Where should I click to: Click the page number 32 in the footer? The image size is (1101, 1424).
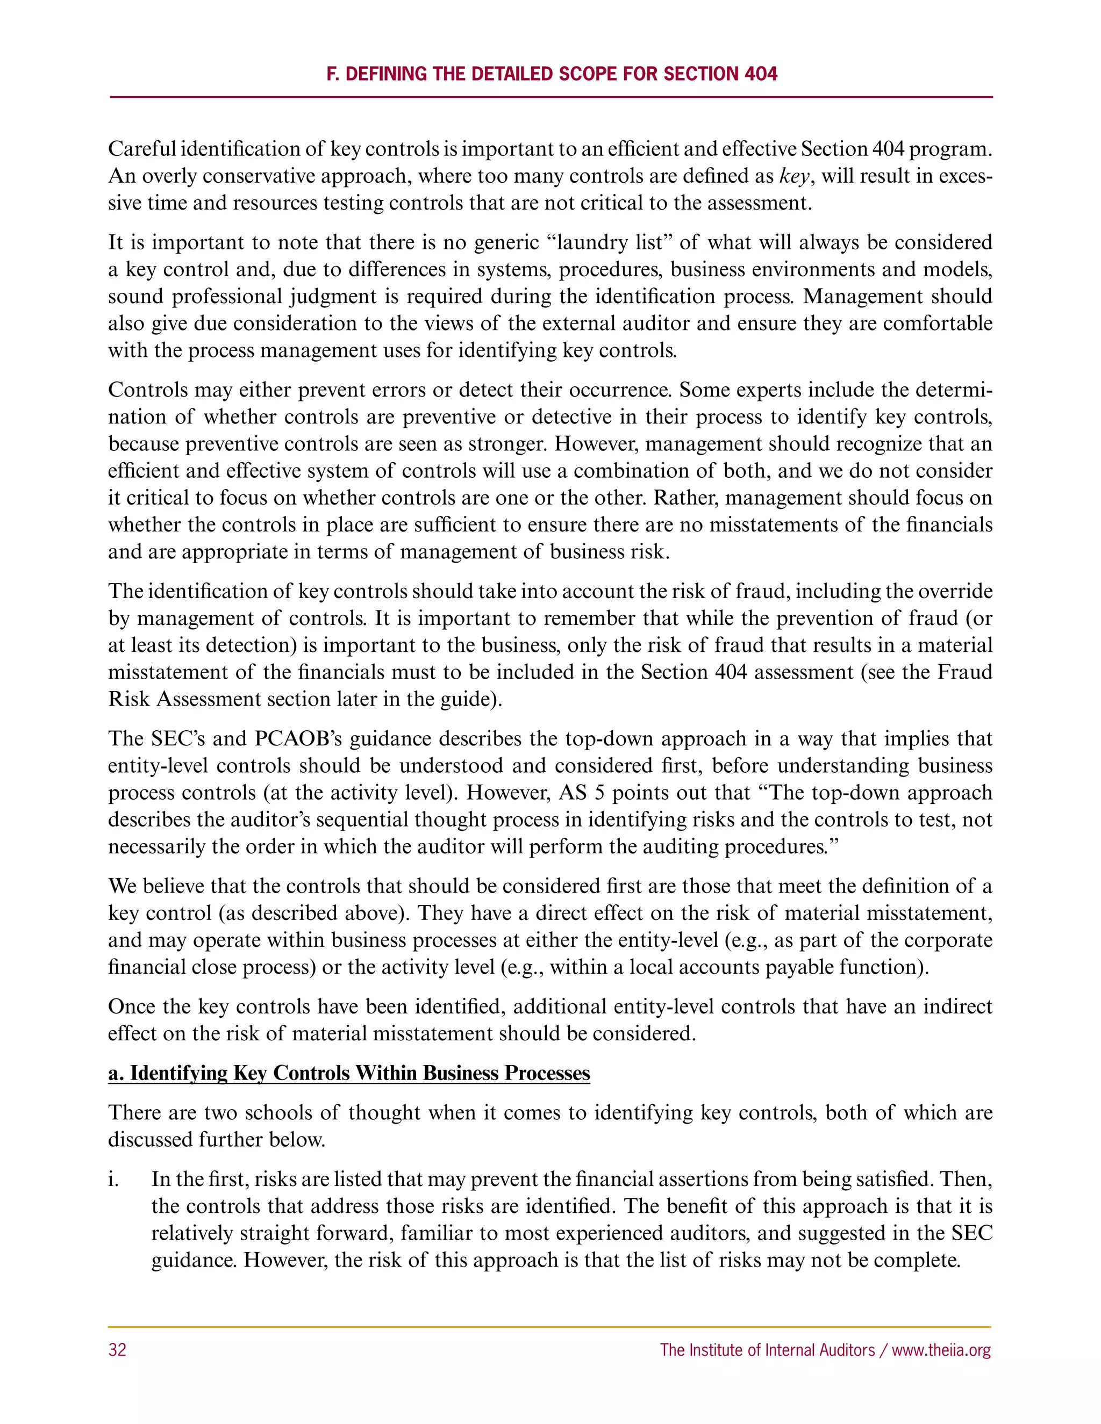(x=117, y=1350)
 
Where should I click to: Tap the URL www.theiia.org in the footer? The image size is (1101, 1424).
(x=941, y=1350)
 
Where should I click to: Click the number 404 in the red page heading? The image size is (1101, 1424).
(x=761, y=74)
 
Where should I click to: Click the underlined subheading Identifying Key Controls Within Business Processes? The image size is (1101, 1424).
(x=349, y=1073)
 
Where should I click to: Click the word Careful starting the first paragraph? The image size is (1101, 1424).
(x=141, y=149)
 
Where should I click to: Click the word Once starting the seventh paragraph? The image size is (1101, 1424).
(x=131, y=1006)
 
